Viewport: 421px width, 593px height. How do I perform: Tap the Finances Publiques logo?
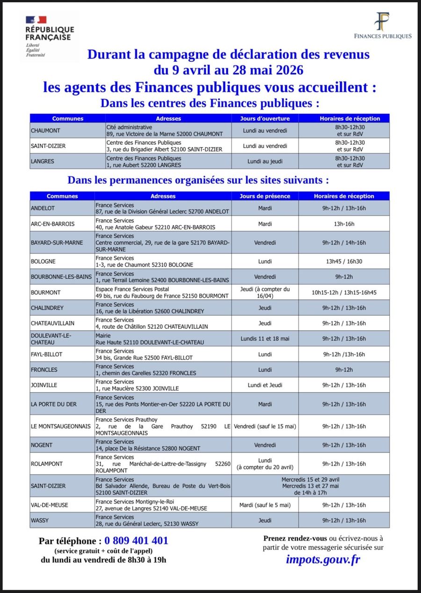pyautogui.click(x=383, y=26)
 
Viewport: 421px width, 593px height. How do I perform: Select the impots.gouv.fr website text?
pyautogui.click(x=323, y=559)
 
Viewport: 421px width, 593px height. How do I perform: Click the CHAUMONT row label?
pyautogui.click(x=45, y=130)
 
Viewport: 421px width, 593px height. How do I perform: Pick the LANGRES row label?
pyautogui.click(x=43, y=161)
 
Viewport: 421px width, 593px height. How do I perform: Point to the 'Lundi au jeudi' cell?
pyautogui.click(x=265, y=161)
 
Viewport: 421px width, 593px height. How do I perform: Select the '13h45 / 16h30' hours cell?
pyautogui.click(x=344, y=261)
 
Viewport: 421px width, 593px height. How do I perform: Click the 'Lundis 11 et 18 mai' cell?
pyautogui.click(x=265, y=339)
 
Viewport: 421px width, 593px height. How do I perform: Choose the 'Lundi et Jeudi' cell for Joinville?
pyautogui.click(x=265, y=385)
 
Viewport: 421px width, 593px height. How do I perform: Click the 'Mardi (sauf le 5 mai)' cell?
pyautogui.click(x=265, y=505)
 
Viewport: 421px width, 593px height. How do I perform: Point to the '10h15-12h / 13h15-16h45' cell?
pyautogui.click(x=344, y=292)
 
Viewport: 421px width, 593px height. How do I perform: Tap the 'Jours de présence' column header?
pyautogui.click(x=265, y=196)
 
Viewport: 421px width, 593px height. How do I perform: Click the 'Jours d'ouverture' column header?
pyautogui.click(x=265, y=119)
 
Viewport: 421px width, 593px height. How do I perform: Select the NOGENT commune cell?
pyautogui.click(x=42, y=445)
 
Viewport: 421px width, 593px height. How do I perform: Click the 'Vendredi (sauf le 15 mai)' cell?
pyautogui.click(x=265, y=426)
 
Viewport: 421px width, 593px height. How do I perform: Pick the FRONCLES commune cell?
pyautogui.click(x=44, y=370)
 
